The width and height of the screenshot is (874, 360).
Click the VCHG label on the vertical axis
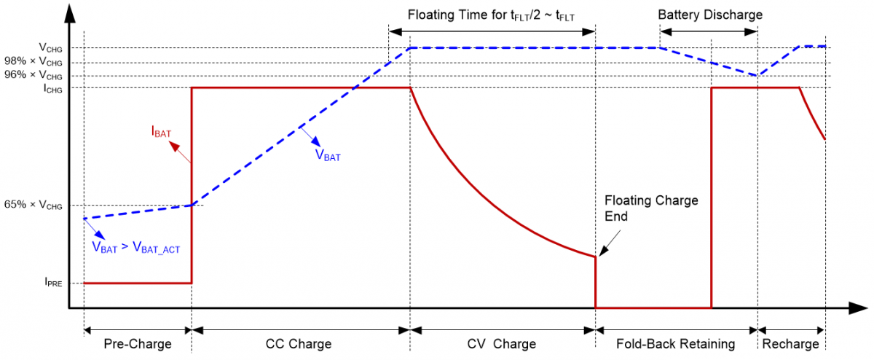pyautogui.click(x=50, y=48)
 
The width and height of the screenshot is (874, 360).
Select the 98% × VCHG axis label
pyautogui.click(x=34, y=62)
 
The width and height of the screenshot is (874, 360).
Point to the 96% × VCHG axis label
pyautogui.click(x=34, y=75)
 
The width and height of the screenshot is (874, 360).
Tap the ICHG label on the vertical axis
pyautogui.click(x=52, y=89)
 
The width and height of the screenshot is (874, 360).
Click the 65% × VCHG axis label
pyautogui.click(x=34, y=205)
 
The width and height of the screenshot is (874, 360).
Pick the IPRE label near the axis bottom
pyautogui.click(x=53, y=282)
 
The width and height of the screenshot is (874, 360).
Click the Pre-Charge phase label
pyautogui.click(x=138, y=343)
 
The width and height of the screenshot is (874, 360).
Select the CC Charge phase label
pyautogui.click(x=299, y=343)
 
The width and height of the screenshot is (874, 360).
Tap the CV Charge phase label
pyautogui.click(x=501, y=343)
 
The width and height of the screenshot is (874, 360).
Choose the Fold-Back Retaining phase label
pyautogui.click(x=675, y=343)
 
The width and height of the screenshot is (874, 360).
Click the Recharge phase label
pyautogui.click(x=790, y=343)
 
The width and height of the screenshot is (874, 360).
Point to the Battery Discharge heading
pyautogui.click(x=710, y=15)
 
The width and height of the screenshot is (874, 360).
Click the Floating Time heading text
pyautogui.click(x=491, y=15)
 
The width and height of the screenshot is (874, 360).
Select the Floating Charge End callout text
pyautogui.click(x=651, y=208)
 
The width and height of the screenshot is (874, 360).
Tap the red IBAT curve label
pyautogui.click(x=161, y=131)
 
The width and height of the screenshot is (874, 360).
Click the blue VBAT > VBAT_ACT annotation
pyautogui.click(x=135, y=248)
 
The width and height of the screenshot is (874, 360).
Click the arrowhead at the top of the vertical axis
pyautogui.click(x=70, y=14)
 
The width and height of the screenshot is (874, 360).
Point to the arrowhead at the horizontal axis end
pyautogui.click(x=858, y=308)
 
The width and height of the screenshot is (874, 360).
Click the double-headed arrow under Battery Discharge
pyautogui.click(x=709, y=32)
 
